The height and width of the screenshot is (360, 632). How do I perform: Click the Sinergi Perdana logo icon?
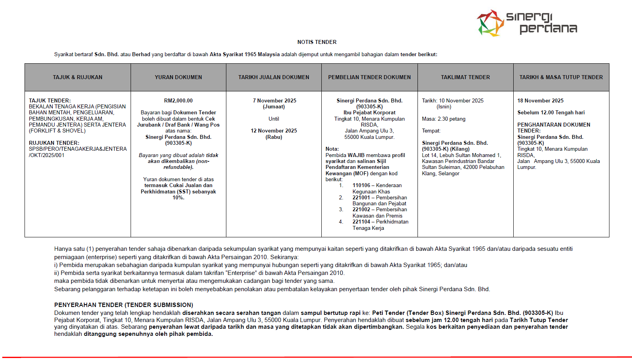(x=490, y=23)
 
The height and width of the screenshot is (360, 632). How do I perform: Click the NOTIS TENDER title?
(x=317, y=42)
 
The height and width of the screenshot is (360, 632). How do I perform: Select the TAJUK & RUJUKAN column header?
(x=78, y=78)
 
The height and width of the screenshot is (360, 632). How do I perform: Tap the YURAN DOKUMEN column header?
(x=178, y=78)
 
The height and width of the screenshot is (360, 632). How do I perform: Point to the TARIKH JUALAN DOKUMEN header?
(x=273, y=78)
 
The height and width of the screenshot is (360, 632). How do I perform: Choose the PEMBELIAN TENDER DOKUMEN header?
(x=369, y=78)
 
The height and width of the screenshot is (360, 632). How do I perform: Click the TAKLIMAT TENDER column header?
(x=465, y=78)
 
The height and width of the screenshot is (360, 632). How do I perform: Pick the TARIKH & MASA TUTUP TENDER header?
(x=561, y=78)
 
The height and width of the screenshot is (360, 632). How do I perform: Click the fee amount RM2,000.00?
(x=178, y=101)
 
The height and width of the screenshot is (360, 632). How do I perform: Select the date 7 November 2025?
(x=274, y=101)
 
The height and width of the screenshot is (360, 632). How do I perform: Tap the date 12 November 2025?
(x=273, y=131)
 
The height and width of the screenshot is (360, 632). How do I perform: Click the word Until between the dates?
(x=273, y=119)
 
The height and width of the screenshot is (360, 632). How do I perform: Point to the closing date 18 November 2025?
(x=540, y=101)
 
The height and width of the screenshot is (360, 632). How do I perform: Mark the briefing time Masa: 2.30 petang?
(x=443, y=119)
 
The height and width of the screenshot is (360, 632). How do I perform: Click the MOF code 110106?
(x=361, y=186)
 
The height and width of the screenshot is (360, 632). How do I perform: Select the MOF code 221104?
(x=361, y=222)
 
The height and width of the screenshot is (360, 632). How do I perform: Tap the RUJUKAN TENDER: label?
(x=54, y=143)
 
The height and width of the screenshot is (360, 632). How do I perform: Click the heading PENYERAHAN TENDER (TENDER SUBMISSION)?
(x=123, y=305)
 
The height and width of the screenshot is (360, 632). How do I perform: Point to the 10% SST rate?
(x=178, y=198)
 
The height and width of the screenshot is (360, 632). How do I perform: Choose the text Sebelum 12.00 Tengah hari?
(x=551, y=113)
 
